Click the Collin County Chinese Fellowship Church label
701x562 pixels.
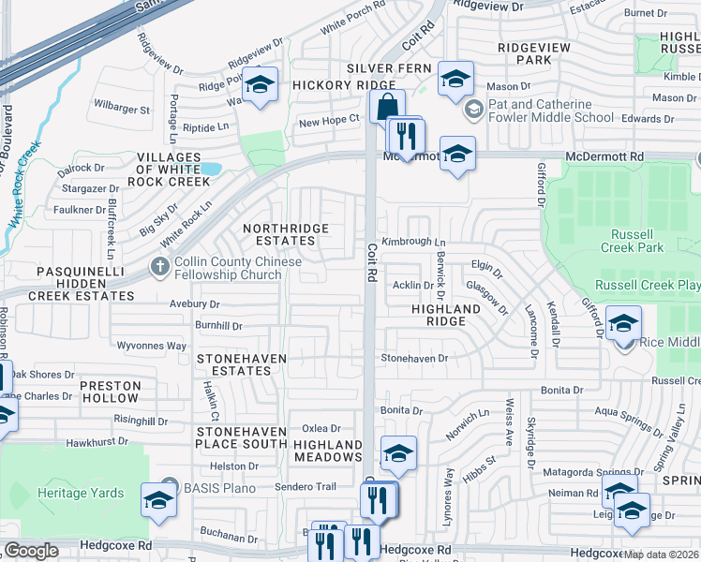pos(228,269)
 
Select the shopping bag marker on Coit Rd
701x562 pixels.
pos(387,106)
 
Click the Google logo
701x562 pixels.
pos(31,551)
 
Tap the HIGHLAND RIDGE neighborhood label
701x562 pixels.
pos(446,315)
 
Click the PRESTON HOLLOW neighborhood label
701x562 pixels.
pos(110,392)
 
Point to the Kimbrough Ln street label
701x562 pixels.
pos(413,242)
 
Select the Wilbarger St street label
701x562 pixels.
pos(121,110)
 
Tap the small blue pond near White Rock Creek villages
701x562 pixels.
pos(211,170)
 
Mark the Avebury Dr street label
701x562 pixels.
pos(194,303)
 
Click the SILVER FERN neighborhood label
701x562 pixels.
pos(389,68)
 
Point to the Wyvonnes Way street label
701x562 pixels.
pos(151,346)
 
